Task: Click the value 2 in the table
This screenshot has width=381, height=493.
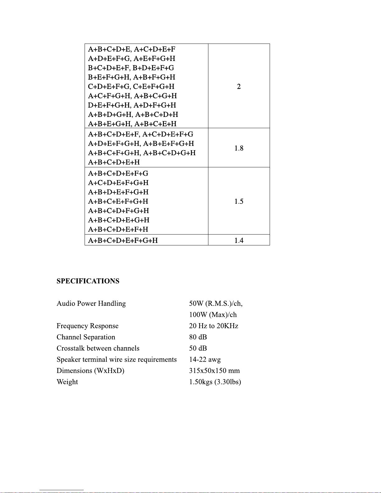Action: [239, 86]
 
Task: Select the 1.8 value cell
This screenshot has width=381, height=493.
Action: [239, 148]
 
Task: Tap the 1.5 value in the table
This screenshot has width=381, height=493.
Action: [239, 201]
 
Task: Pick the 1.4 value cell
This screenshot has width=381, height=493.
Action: [239, 240]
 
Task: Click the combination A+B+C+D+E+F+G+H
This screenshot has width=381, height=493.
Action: [123, 240]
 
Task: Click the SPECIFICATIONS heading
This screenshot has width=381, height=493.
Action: [88, 281]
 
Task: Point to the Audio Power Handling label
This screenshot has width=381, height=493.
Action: [91, 304]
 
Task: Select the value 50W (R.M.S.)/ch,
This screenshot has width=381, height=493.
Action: [216, 304]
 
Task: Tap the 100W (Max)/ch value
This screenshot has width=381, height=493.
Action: [213, 315]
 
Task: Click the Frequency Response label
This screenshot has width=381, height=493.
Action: [87, 326]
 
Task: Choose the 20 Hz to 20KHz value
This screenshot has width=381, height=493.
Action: [213, 326]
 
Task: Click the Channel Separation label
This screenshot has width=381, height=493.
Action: [86, 337]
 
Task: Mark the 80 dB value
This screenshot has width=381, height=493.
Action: [198, 337]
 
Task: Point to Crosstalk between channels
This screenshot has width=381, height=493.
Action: [98, 348]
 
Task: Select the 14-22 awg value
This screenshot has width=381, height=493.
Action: [205, 360]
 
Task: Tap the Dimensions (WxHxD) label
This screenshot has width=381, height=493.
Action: [90, 371]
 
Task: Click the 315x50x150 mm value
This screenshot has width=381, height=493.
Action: [214, 371]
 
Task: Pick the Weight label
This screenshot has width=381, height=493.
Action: [67, 382]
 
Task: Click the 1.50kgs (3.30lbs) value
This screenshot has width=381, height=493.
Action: [215, 382]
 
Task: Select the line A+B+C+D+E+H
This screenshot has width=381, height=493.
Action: [114, 162]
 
